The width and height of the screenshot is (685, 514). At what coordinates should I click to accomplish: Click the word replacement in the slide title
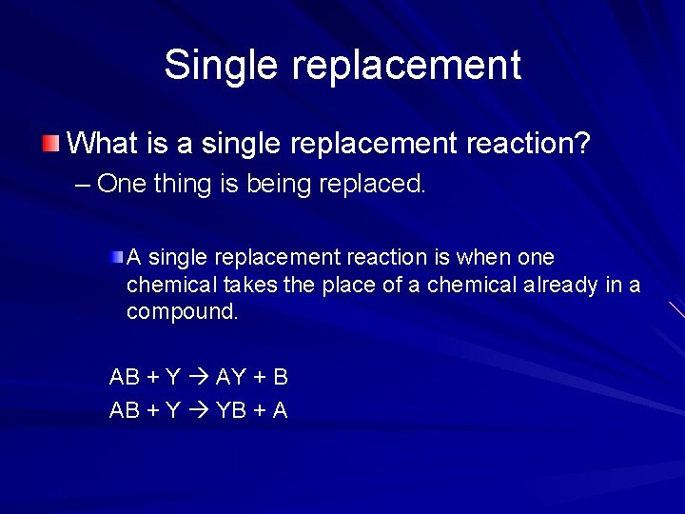click(x=406, y=66)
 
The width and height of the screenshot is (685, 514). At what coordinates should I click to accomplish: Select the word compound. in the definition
click(x=183, y=311)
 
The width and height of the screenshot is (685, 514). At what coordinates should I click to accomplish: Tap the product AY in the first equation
click(x=231, y=377)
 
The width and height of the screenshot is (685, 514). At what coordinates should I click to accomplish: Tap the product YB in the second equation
click(x=231, y=410)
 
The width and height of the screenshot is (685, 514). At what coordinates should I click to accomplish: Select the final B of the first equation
click(x=280, y=377)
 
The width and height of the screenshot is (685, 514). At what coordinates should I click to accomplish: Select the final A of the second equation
click(x=280, y=410)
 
